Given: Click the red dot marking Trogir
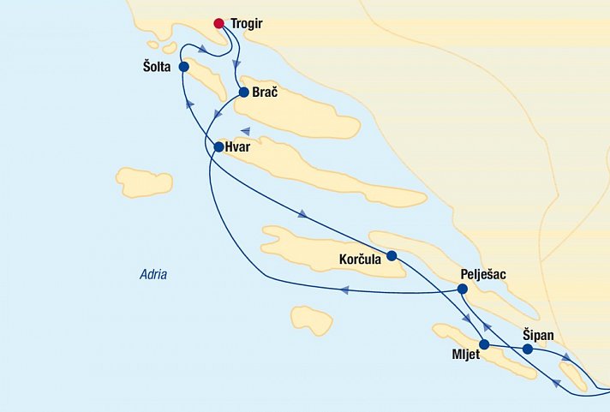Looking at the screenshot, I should pos(219,23).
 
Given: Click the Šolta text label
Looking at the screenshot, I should pos(160,67).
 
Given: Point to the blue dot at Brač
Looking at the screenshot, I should pos(244,93).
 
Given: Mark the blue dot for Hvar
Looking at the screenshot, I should pos(218,147).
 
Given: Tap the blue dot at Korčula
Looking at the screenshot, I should pos(392,255).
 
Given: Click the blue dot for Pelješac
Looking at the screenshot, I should pos(463,290).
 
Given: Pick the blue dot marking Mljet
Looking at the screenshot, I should pos(484,345).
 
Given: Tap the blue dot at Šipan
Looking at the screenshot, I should pos(528,349).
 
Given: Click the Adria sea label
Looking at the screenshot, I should pos(153,275).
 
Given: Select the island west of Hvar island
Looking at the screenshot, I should pos(144,182).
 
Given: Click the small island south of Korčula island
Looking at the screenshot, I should pos(311,319).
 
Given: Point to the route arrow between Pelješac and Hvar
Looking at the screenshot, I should pos(344,290).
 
